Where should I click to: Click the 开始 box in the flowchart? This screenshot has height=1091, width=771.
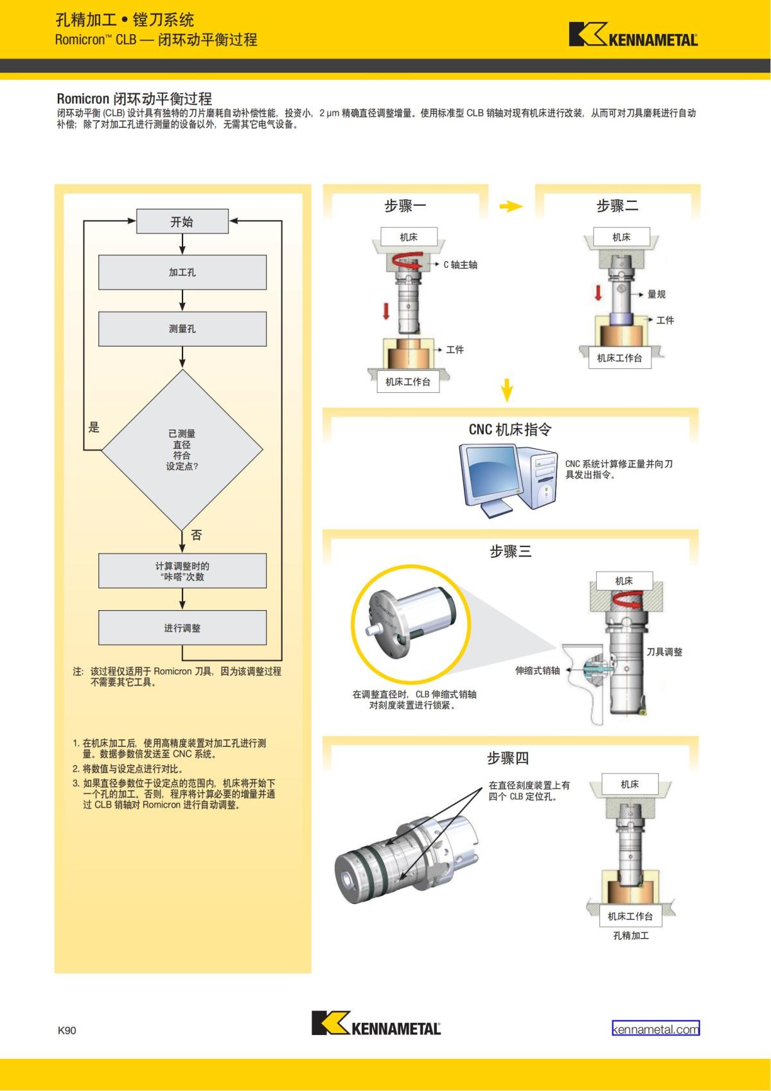tap(182, 222)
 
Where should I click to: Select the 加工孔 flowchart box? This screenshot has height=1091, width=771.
tap(182, 273)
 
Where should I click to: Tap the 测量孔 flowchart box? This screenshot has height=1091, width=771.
tap(182, 329)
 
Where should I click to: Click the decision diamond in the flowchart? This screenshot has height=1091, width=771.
tap(182, 449)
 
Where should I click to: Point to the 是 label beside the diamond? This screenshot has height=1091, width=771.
tap(94, 428)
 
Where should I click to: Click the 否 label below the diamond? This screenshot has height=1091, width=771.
tap(196, 535)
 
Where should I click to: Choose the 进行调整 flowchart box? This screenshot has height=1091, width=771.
tap(182, 627)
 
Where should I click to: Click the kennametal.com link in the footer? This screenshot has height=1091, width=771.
tap(655, 1029)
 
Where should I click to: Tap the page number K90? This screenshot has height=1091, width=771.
tap(67, 1031)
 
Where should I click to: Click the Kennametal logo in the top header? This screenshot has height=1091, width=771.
tap(633, 35)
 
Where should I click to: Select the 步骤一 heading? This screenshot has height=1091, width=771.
tap(405, 206)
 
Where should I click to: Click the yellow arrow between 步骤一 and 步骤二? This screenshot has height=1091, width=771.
tap(511, 206)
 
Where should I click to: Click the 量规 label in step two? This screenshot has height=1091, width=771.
tap(657, 294)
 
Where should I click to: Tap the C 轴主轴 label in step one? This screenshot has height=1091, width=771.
tap(460, 265)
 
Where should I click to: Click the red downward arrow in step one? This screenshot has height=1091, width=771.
tap(386, 312)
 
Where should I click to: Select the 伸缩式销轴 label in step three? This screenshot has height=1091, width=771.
tap(537, 671)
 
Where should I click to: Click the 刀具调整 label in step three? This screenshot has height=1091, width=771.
tap(664, 652)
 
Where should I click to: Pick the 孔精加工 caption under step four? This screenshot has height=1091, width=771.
tap(631, 935)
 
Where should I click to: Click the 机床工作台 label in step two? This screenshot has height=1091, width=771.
tap(619, 358)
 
